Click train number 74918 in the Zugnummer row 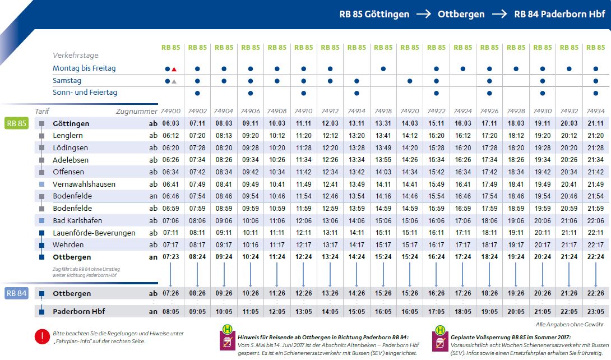point(383,112)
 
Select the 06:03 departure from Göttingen point(171,123)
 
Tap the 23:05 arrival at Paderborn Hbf point(595,312)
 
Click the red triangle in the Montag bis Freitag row point(174,69)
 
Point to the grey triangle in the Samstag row point(174,81)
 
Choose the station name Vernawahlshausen point(84,184)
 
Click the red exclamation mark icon point(43,336)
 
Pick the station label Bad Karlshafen point(77,220)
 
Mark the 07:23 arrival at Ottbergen point(171,257)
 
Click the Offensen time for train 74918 point(383,172)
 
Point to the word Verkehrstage point(76,56)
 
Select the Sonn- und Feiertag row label point(85,93)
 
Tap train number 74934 point(595,112)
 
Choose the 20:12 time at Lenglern point(568,136)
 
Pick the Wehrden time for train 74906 point(250,245)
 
